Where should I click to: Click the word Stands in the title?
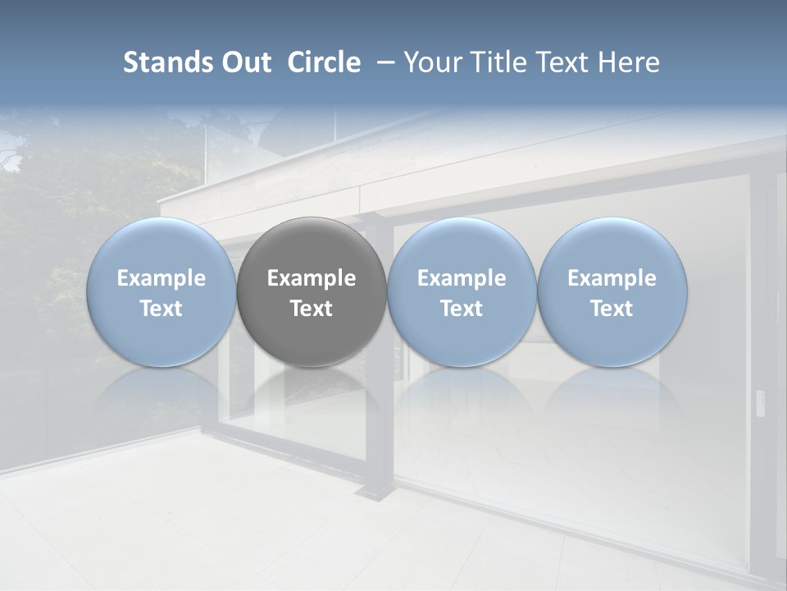(x=163, y=62)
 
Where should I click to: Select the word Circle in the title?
(x=324, y=62)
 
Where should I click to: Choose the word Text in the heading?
(x=559, y=62)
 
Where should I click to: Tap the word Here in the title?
(x=628, y=62)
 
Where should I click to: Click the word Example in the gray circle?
(x=312, y=278)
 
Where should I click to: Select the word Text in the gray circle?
(x=312, y=309)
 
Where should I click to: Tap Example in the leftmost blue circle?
(x=161, y=278)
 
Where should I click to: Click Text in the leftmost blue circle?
(x=161, y=309)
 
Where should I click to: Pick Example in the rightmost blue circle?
(x=612, y=278)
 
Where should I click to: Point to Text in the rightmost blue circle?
(x=612, y=309)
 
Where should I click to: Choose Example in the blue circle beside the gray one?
(x=462, y=278)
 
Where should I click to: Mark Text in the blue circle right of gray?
(x=462, y=309)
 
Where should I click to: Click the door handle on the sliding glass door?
(x=759, y=401)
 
